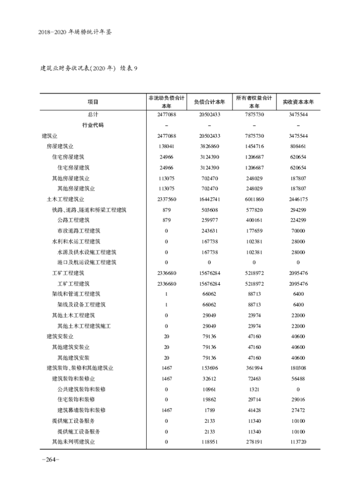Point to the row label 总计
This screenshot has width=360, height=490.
click(x=93, y=115)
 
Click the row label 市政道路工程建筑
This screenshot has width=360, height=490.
click(x=79, y=231)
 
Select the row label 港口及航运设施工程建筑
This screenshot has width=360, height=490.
click(x=87, y=262)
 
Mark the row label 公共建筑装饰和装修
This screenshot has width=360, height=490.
click(x=81, y=389)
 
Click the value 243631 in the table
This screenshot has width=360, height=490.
click(x=209, y=231)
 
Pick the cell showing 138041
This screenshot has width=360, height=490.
click(x=166, y=146)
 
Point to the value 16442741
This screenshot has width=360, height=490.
click(x=209, y=199)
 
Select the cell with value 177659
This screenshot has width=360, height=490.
click(x=254, y=231)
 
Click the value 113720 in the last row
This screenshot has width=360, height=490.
click(x=298, y=442)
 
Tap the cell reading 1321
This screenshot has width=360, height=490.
click(x=254, y=389)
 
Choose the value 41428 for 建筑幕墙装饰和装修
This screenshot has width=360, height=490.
click(x=254, y=410)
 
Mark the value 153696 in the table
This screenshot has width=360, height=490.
click(x=209, y=368)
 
